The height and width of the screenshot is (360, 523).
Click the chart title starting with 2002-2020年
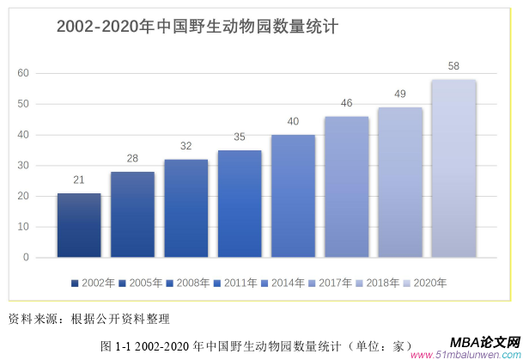click(197, 27)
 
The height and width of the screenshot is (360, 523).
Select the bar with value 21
click(79, 225)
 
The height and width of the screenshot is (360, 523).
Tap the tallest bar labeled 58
click(453, 168)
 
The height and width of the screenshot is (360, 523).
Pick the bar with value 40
click(293, 196)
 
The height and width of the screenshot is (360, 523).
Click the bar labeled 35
click(240, 204)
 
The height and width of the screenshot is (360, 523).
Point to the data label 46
click(346, 103)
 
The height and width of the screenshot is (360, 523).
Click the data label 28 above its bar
click(132, 158)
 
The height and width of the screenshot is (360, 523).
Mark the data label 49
click(399, 94)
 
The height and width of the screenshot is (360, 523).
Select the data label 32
click(185, 146)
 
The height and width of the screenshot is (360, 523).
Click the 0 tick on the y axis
click(26, 257)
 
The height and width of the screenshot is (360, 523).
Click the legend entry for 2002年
click(94, 282)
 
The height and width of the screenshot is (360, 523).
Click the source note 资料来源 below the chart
click(89, 319)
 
